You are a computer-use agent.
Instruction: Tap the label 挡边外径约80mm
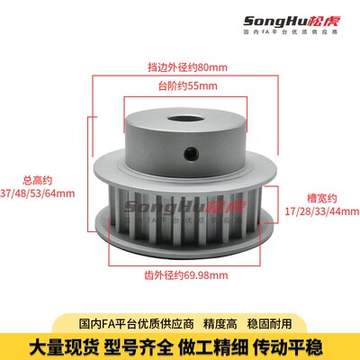[180, 66]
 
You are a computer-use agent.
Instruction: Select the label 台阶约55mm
[180, 86]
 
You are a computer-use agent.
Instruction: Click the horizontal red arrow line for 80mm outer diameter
[180, 76]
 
